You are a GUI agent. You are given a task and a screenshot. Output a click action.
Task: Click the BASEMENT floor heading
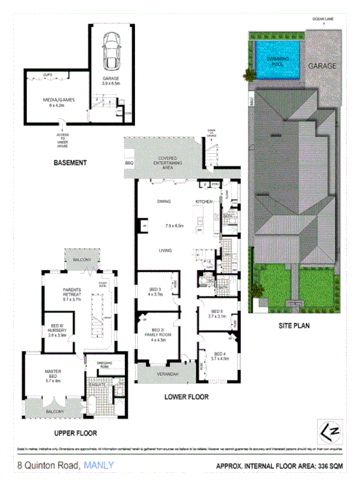coord(70,162)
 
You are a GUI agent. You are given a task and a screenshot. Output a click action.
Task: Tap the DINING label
coord(164,201)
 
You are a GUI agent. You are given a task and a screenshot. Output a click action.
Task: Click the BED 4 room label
coord(219,355)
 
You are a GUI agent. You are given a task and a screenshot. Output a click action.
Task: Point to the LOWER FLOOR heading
coord(185,397)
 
